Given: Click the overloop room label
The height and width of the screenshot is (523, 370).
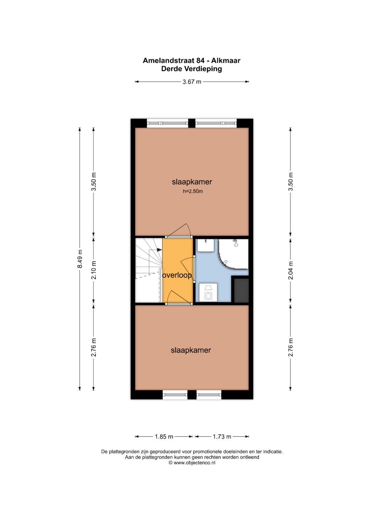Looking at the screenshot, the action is [x=177, y=275].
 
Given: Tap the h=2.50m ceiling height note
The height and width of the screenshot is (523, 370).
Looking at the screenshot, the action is [x=193, y=191].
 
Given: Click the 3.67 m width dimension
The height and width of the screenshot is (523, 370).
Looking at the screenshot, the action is [x=192, y=82].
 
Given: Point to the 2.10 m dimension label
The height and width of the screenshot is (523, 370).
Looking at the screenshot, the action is [x=94, y=270].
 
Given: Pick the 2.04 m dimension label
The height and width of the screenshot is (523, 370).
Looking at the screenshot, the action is [x=291, y=270].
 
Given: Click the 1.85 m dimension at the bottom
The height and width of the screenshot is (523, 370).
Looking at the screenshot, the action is [x=164, y=436].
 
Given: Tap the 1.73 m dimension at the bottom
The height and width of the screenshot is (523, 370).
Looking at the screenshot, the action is [x=222, y=436].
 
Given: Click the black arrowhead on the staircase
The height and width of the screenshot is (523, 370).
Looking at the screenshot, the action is [x=159, y=250].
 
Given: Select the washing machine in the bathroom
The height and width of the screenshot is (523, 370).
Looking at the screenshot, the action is [x=208, y=292].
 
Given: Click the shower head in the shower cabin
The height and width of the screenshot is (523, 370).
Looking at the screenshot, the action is [x=236, y=243].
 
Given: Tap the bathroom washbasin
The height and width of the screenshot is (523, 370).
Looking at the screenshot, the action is [x=206, y=245].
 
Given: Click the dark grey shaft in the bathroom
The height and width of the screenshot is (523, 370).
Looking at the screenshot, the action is [x=241, y=290].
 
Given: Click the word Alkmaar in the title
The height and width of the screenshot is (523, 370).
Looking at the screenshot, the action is [x=226, y=61].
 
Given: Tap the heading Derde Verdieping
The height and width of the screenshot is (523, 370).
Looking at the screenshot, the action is [x=192, y=69].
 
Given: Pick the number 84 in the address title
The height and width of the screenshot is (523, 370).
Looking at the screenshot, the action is [x=200, y=61].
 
